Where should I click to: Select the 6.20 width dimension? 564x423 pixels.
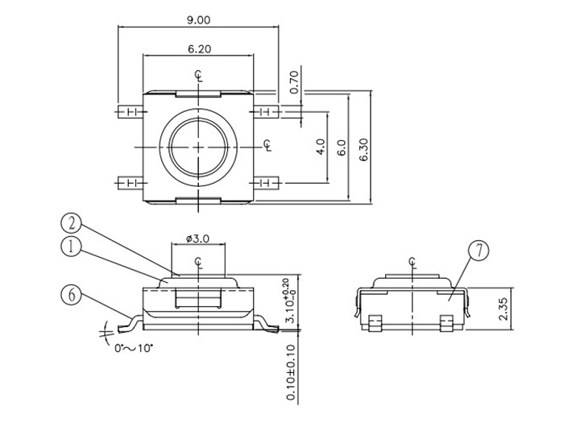(199, 49)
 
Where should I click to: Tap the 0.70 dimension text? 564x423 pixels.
(294, 81)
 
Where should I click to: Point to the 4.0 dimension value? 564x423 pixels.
(320, 148)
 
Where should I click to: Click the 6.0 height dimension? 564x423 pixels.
(342, 148)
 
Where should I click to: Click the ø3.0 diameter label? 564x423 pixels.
(197, 238)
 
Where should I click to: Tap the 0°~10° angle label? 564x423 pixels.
(134, 347)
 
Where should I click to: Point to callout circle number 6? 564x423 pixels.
(72, 295)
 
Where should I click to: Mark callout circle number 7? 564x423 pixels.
(477, 251)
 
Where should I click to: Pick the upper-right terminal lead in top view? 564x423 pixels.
(268, 110)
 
